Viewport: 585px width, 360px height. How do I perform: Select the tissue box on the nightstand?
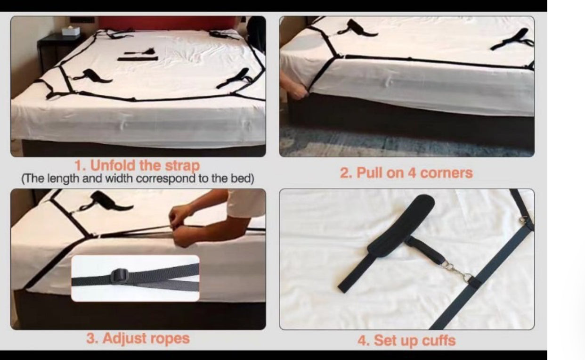71,32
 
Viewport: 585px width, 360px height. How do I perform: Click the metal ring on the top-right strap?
523,219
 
